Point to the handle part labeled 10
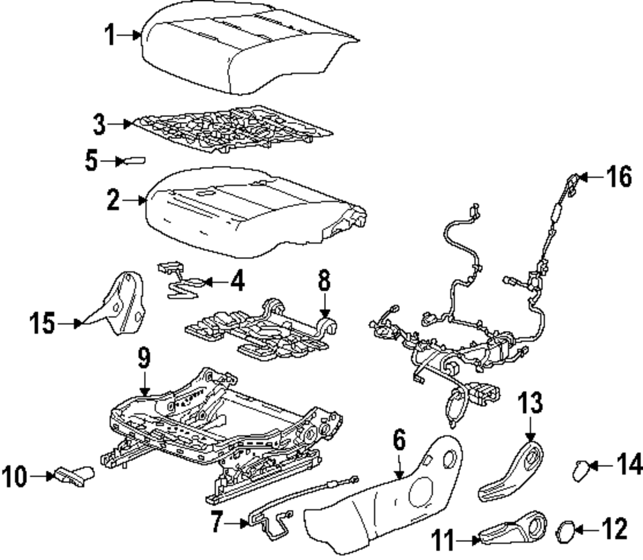point(74,476)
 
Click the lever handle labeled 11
point(511,527)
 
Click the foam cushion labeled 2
point(251,209)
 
